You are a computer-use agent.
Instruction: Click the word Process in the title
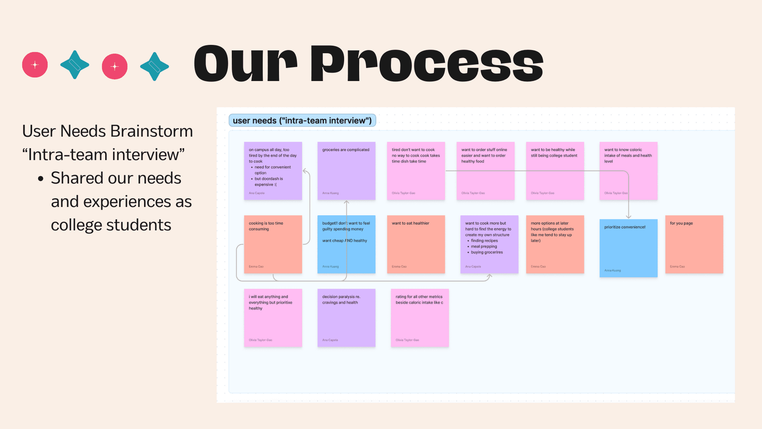pyautogui.click(x=426, y=64)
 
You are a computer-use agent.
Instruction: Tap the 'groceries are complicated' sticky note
pyautogui.click(x=346, y=171)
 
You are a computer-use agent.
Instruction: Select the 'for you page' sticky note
pyautogui.click(x=694, y=244)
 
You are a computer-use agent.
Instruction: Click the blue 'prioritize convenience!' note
pyautogui.click(x=628, y=248)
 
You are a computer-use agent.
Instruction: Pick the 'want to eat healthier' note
pyautogui.click(x=416, y=244)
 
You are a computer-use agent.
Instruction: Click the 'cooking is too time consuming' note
pyautogui.click(x=273, y=244)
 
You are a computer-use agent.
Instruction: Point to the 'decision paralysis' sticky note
pyautogui.click(x=346, y=318)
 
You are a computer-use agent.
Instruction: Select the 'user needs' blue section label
pyautogui.click(x=302, y=120)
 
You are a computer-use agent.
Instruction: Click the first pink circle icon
pyautogui.click(x=35, y=65)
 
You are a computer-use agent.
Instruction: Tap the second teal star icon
pyautogui.click(x=154, y=66)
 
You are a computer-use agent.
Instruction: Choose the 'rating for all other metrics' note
pyautogui.click(x=419, y=318)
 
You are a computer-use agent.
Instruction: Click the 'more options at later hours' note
pyautogui.click(x=555, y=244)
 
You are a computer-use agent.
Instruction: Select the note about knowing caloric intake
pyautogui.click(x=628, y=171)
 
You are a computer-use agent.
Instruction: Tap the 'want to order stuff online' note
pyautogui.click(x=485, y=171)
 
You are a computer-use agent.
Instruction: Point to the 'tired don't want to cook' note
pyautogui.click(x=416, y=171)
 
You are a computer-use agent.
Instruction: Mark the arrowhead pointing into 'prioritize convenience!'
pyautogui.click(x=629, y=216)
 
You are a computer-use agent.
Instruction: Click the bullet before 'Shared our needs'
pyautogui.click(x=40, y=179)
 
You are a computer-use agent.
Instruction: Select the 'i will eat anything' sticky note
pyautogui.click(x=273, y=318)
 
